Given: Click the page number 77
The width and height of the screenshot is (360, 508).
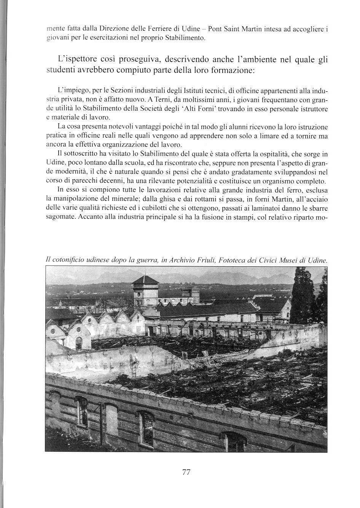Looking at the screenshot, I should coord(186,472).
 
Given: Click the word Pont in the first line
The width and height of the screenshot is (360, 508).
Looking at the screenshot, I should coord(216,29).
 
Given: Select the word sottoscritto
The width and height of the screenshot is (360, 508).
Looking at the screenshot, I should coord(83,154).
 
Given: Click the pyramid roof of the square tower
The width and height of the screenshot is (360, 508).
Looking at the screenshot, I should coord(145,280).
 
